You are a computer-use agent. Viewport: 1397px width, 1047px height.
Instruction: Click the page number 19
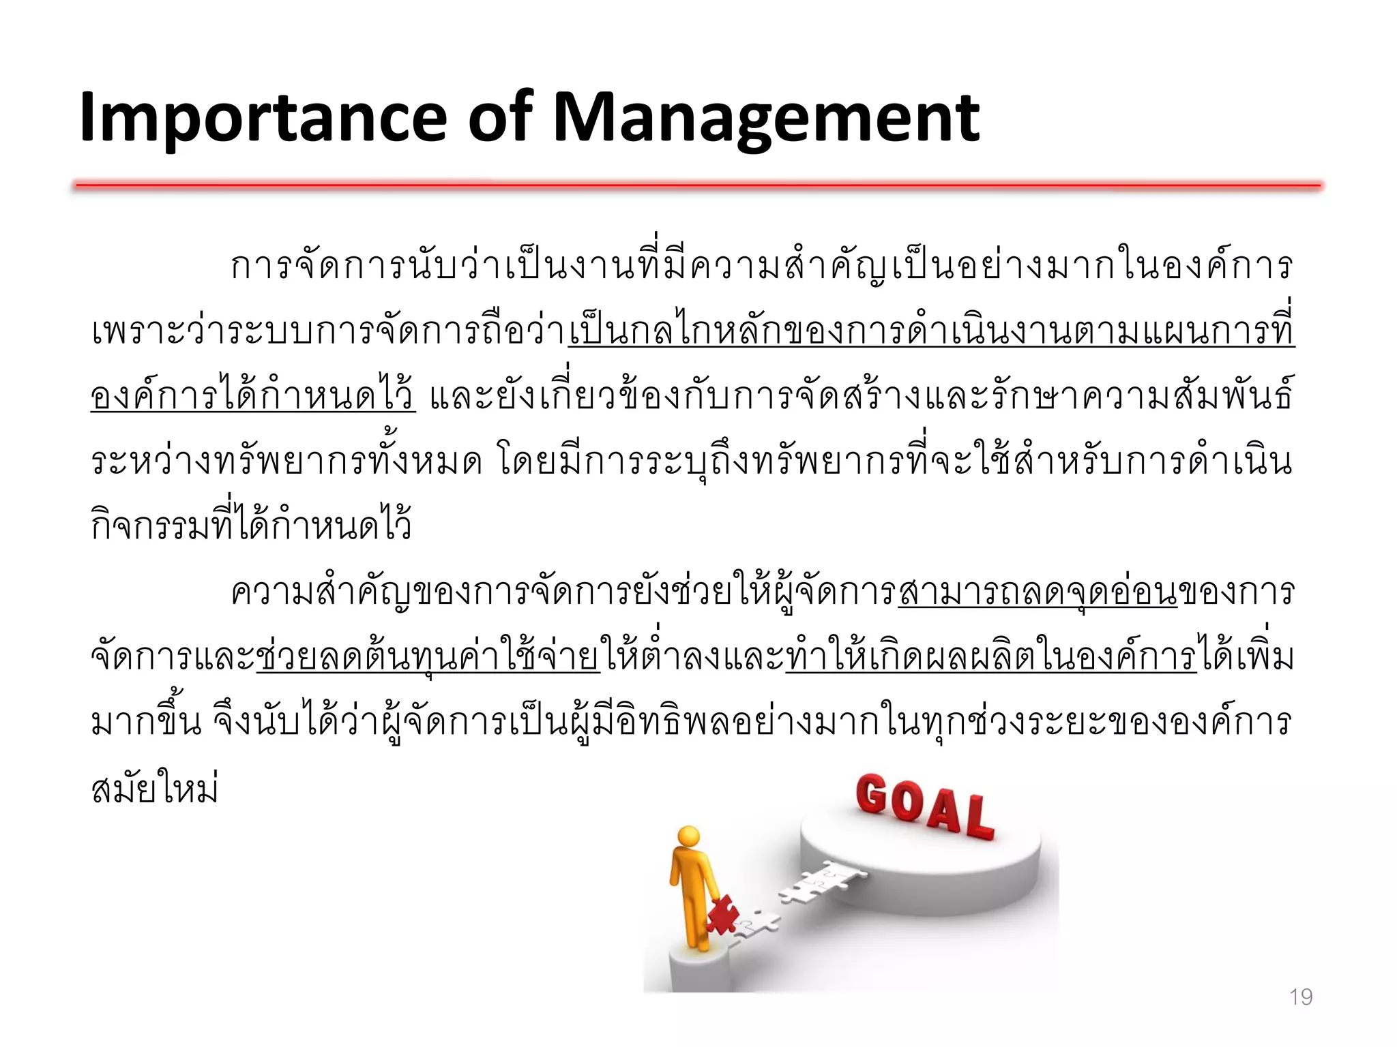(x=1301, y=997)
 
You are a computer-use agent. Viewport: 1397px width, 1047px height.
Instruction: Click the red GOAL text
(x=924, y=806)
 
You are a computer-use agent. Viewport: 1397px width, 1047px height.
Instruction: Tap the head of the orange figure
(x=688, y=836)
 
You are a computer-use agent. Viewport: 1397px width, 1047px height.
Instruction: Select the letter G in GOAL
(x=872, y=795)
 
